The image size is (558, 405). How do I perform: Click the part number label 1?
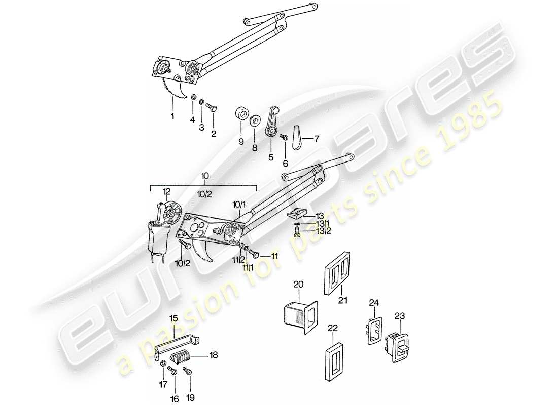pyautogui.click(x=172, y=116)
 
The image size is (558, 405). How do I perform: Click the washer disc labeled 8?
pyautogui.click(x=255, y=122)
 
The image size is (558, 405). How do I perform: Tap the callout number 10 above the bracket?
pyautogui.click(x=204, y=176)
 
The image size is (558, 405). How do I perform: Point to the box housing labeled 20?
pyautogui.click(x=299, y=317)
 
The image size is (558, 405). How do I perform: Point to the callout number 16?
pyautogui.click(x=175, y=399)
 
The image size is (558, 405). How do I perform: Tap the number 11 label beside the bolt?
pyautogui.click(x=275, y=257)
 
